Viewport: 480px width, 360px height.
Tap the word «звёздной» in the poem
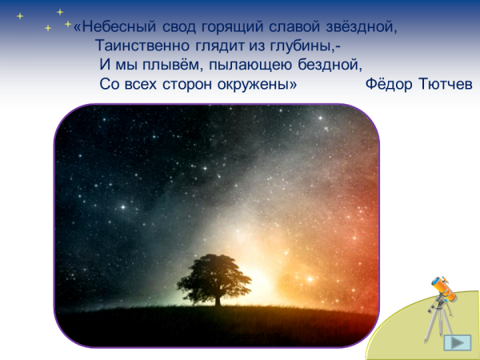point(365,26)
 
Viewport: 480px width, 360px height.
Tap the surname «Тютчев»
point(446,85)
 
